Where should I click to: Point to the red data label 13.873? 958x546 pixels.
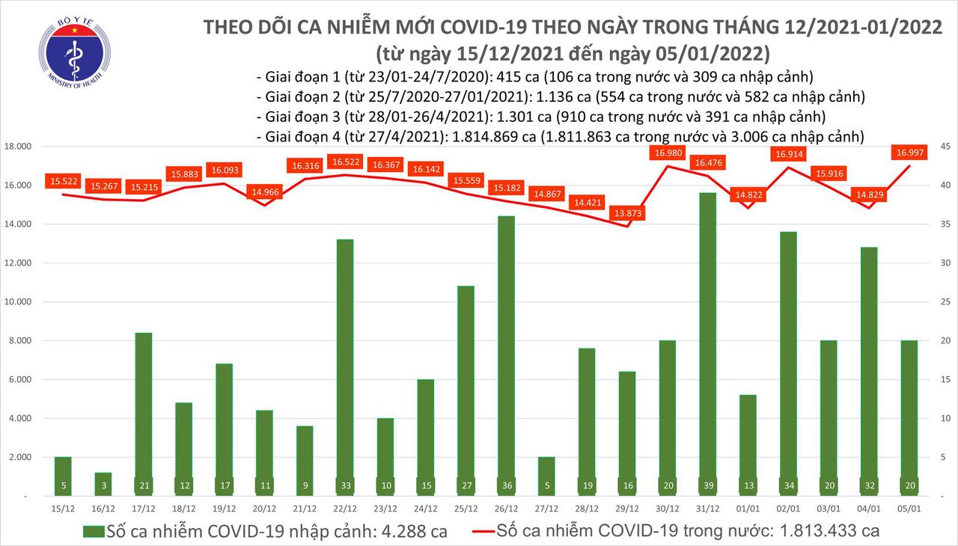pos(628,213)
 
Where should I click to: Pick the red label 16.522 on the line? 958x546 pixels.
pos(346,162)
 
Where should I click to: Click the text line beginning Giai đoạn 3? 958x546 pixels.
pos(540,117)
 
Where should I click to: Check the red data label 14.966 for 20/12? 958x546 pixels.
pos(265,191)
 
